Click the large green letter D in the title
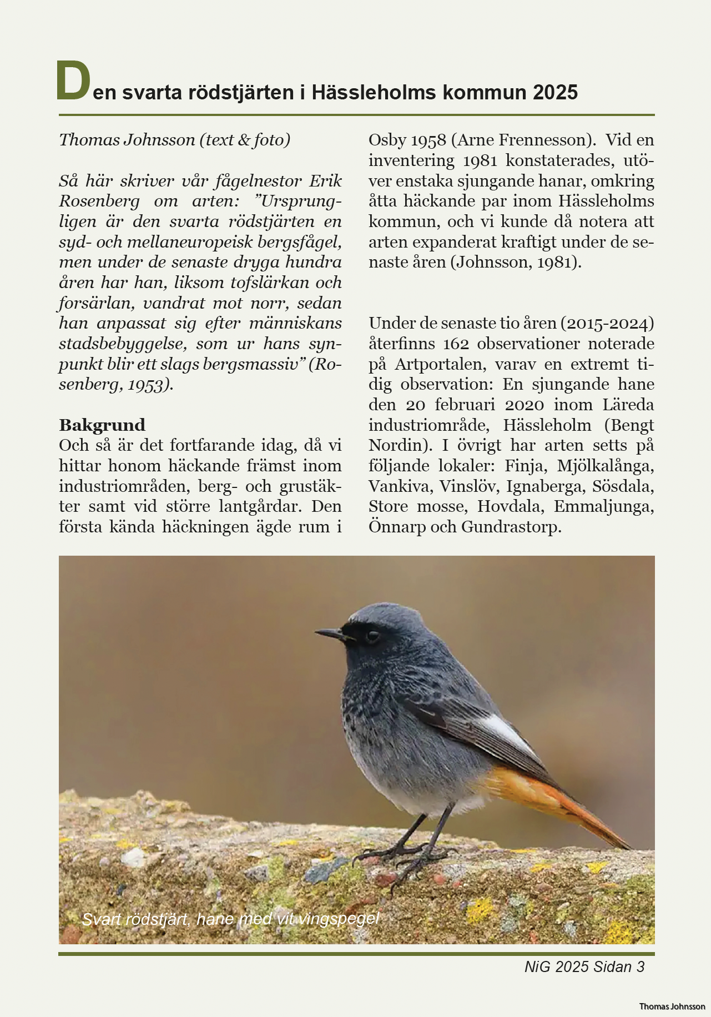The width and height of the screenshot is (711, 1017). (73, 82)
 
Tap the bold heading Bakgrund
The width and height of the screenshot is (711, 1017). (102, 425)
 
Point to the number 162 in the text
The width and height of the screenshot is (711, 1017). (456, 344)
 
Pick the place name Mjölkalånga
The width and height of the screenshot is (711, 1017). (606, 466)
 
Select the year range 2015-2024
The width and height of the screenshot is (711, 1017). (607, 323)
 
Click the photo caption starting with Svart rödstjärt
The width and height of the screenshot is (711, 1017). (230, 919)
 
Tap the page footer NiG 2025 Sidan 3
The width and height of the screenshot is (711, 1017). (584, 967)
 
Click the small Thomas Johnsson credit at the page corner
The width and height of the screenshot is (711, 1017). (672, 1006)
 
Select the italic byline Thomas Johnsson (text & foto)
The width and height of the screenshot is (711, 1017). (174, 140)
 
